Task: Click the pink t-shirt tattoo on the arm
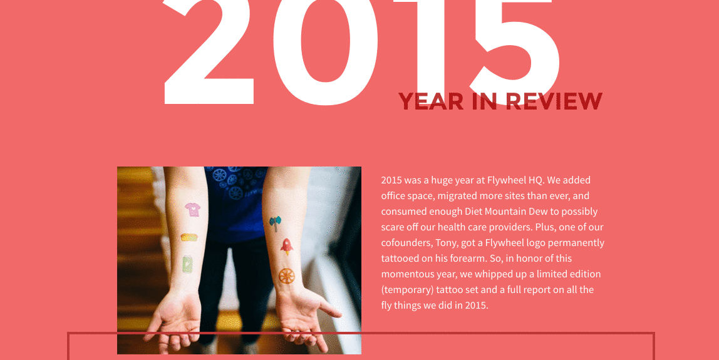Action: pos(193,210)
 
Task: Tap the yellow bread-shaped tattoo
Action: pos(189,237)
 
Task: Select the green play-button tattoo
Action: pos(187,265)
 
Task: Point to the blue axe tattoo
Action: pos(275,223)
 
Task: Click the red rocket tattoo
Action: pos(287,247)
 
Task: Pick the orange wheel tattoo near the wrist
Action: pos(287,276)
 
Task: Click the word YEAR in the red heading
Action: pos(431,101)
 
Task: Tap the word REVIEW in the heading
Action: pos(554,101)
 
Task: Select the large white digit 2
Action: pos(208,52)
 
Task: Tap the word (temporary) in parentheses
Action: pos(407,290)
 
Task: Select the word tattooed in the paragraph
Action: pos(400,258)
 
